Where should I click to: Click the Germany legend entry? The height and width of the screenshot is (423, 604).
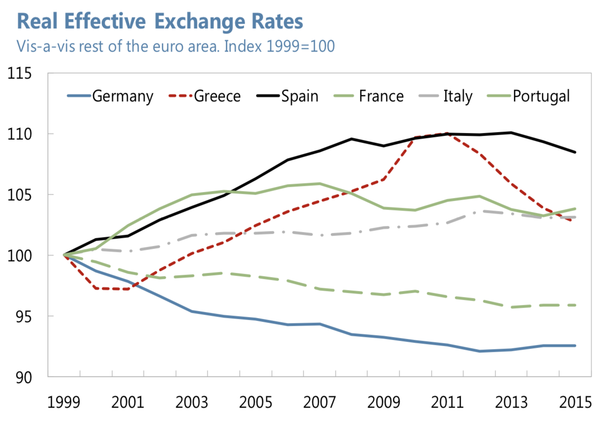click(x=123, y=96)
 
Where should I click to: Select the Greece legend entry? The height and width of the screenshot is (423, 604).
click(x=217, y=96)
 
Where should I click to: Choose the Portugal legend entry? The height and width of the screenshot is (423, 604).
click(x=541, y=96)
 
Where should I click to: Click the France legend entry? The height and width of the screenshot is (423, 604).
click(x=381, y=96)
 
